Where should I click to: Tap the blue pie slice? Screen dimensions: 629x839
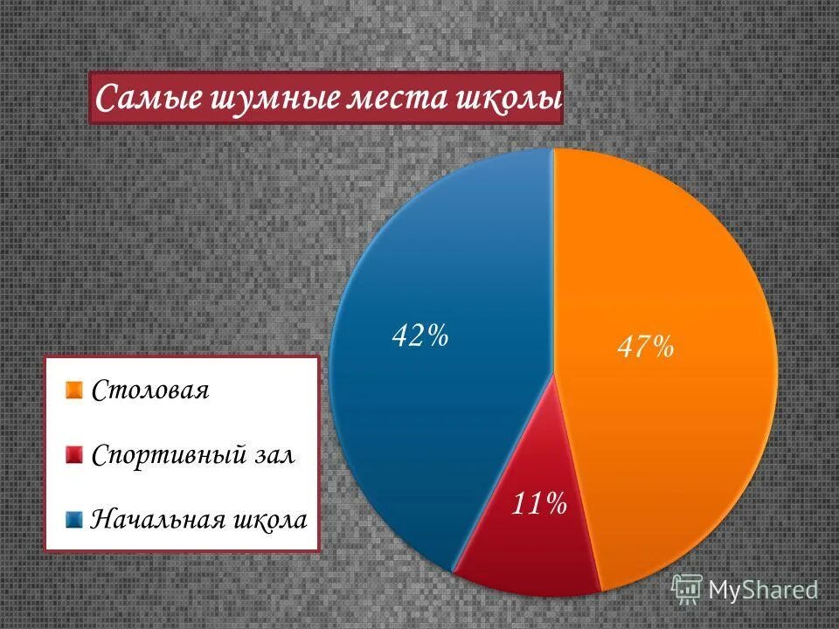click(419, 419)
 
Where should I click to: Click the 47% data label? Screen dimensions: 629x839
click(646, 347)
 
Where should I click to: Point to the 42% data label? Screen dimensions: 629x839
click(420, 335)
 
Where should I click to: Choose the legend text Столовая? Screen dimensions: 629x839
click(150, 390)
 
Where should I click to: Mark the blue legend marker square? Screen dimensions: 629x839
click(74, 519)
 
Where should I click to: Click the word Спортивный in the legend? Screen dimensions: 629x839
click(166, 456)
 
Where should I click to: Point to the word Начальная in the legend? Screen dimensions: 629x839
click(157, 520)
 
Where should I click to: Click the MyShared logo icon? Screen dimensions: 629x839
click(687, 589)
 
